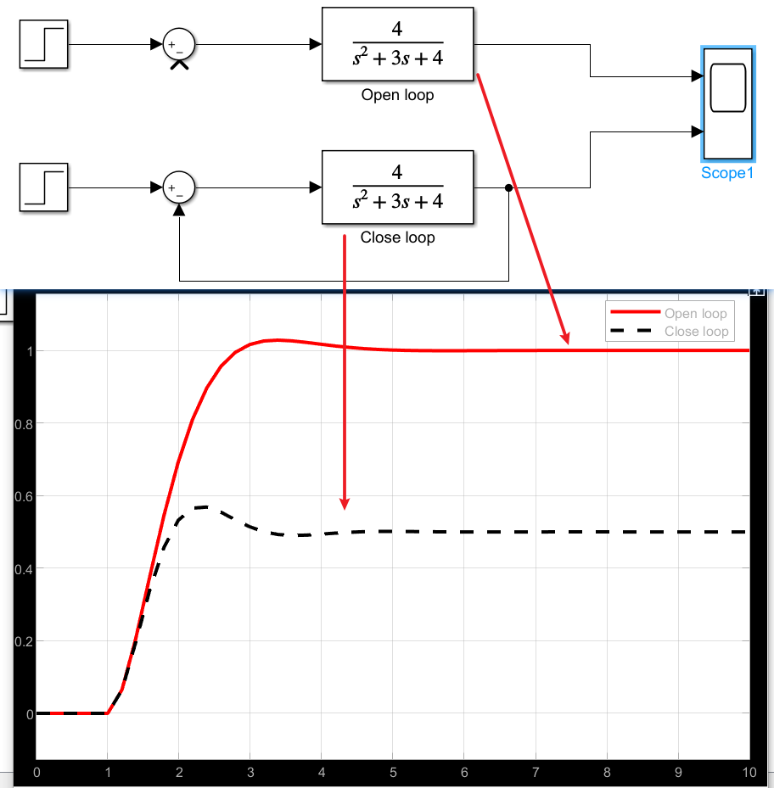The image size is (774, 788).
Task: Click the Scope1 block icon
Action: point(727,103)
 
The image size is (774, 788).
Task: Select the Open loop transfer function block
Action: point(397,44)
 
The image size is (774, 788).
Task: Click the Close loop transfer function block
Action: point(397,187)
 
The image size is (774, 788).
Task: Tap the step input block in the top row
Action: point(44,44)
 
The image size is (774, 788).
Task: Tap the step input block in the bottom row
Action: point(44,187)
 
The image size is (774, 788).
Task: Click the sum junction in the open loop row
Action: point(178,44)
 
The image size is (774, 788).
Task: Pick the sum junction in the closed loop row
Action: point(178,187)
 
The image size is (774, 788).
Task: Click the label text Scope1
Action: point(727,174)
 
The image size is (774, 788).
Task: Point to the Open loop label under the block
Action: point(397,95)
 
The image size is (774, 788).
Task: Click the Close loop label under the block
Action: point(397,238)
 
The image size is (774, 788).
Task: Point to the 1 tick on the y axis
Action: point(28,350)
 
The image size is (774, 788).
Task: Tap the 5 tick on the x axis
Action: point(392,773)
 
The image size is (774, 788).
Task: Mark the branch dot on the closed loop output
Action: point(508,187)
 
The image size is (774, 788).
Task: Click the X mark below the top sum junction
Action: point(179,64)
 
